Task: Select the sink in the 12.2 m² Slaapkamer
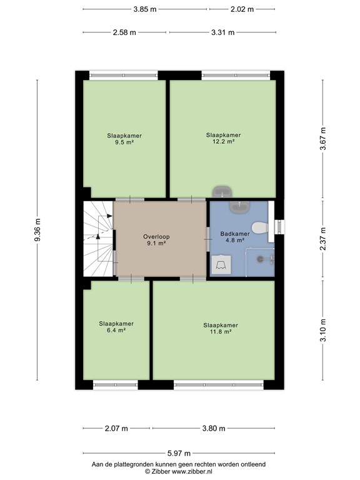(x=221, y=191)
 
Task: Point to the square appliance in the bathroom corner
(x=221, y=264)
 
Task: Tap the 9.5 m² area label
(x=124, y=142)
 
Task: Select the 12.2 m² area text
(x=223, y=142)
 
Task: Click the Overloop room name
(x=156, y=237)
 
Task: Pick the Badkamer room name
(x=235, y=234)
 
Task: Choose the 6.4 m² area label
(x=116, y=331)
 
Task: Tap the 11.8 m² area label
(x=220, y=332)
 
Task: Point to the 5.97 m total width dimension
(x=179, y=453)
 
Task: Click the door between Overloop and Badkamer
(x=207, y=234)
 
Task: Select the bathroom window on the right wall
(x=279, y=228)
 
